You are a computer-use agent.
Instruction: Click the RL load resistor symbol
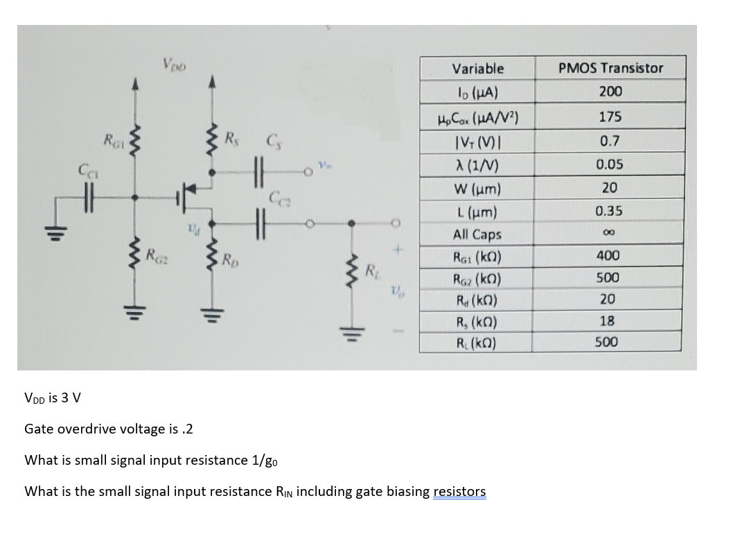click(353, 273)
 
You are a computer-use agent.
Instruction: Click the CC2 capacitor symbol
click(260, 224)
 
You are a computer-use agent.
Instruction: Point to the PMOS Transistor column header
click(610, 68)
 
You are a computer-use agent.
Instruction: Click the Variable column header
click(478, 69)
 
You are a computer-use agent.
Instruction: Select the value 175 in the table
click(610, 117)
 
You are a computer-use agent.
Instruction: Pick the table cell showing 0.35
click(610, 211)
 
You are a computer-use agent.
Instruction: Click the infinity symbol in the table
click(610, 234)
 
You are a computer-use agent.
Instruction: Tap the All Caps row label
click(477, 234)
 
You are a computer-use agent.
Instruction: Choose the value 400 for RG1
click(610, 255)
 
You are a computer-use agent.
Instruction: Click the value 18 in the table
click(610, 321)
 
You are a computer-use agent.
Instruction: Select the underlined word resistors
click(459, 492)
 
